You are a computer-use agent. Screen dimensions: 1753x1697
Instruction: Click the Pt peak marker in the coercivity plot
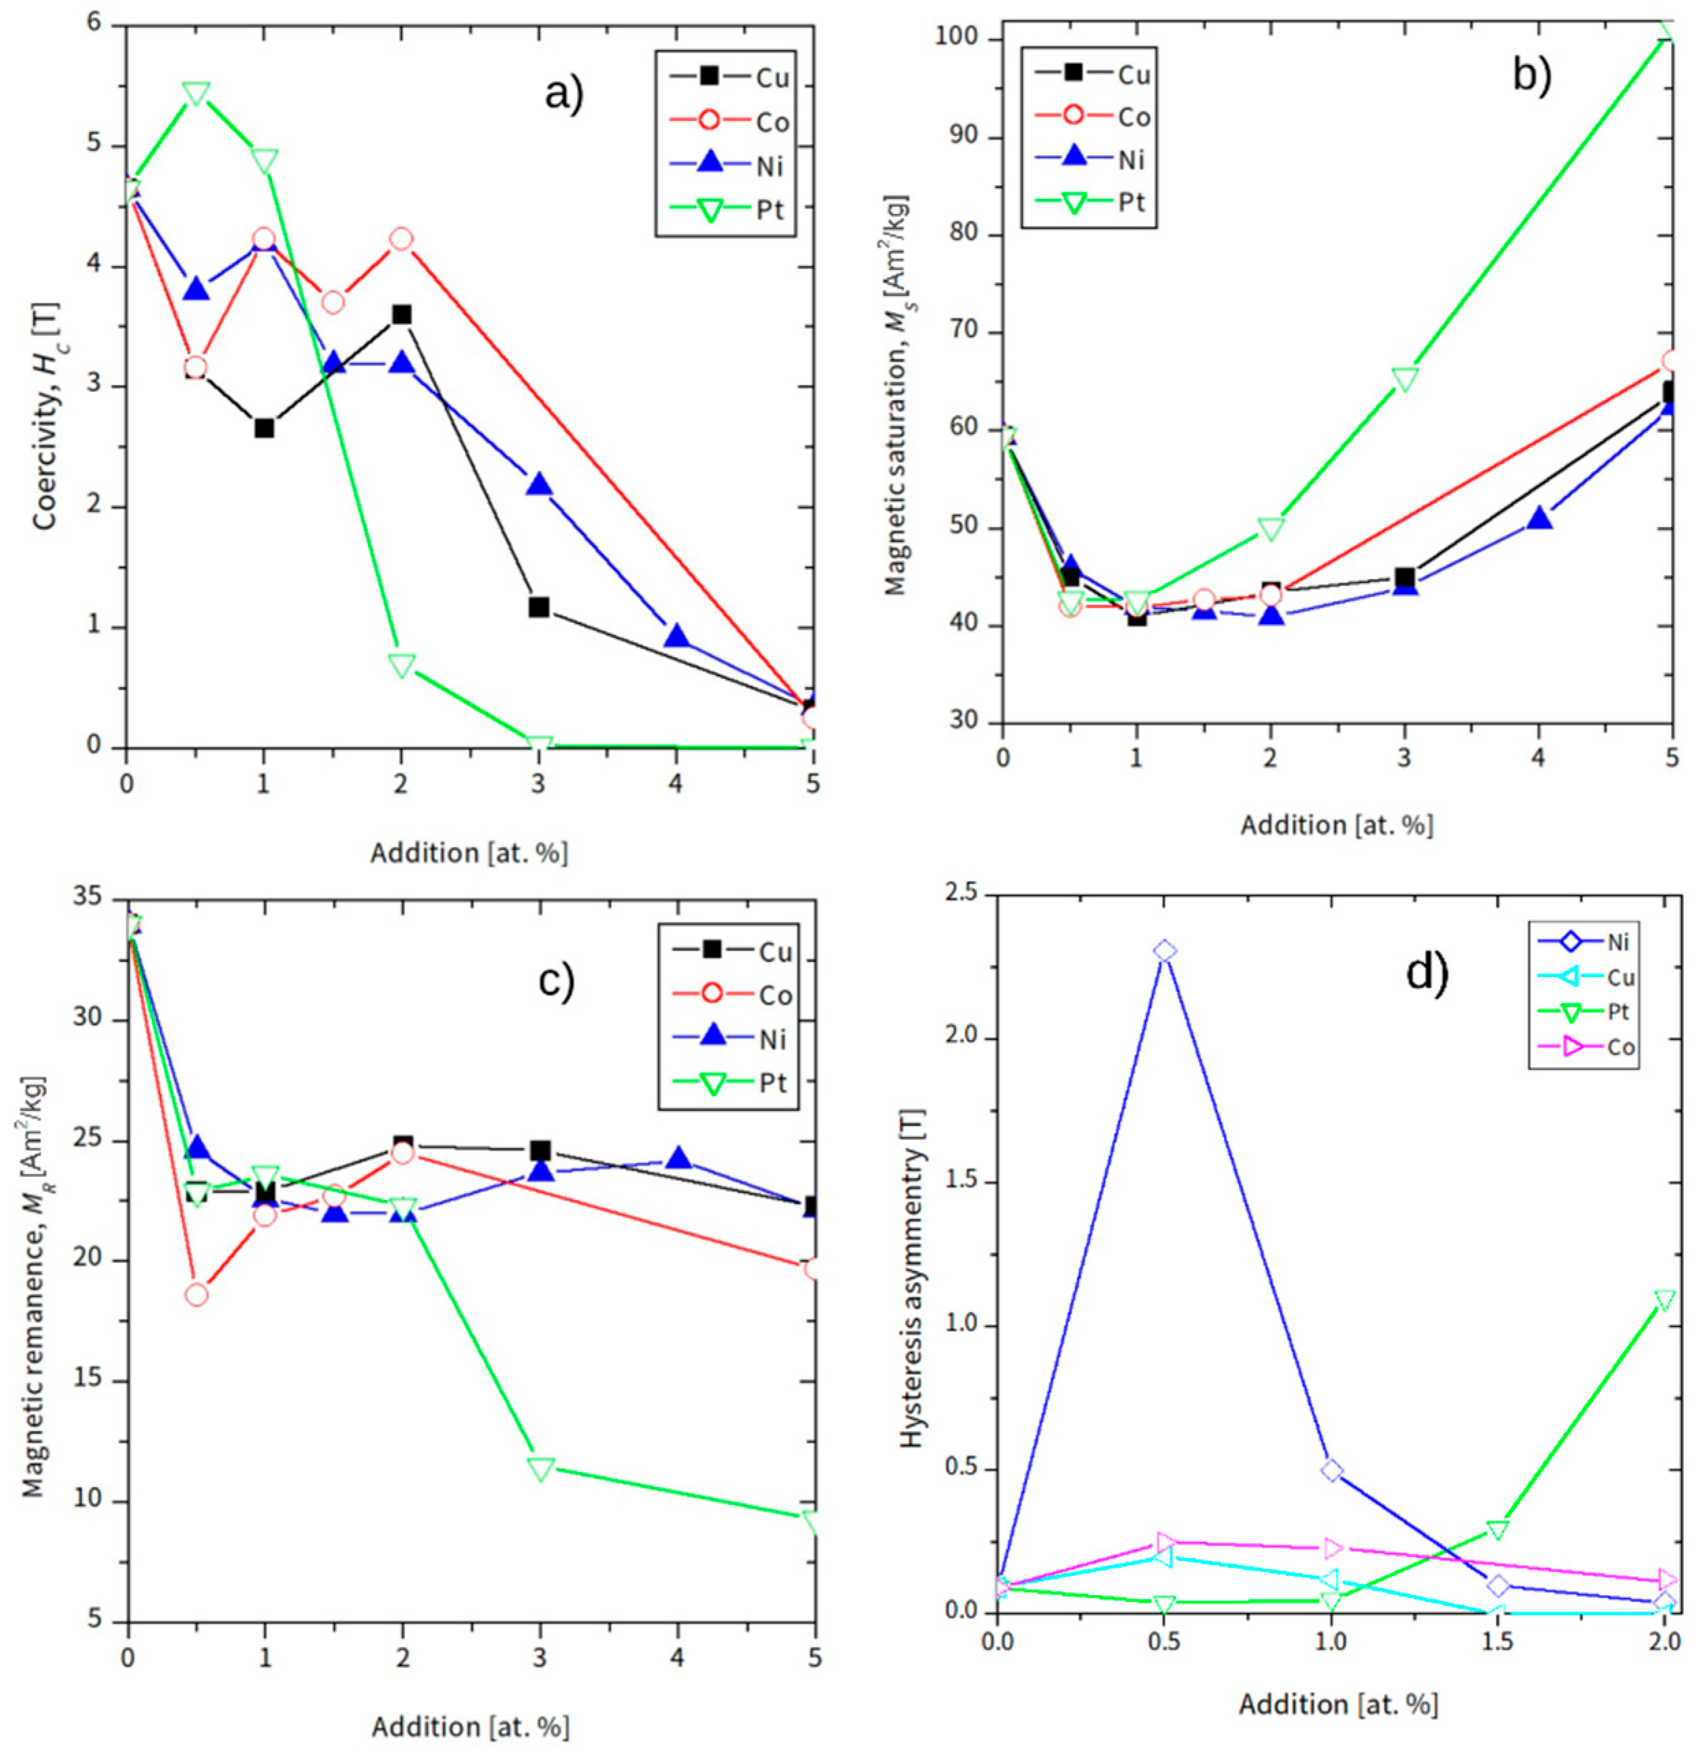click(196, 94)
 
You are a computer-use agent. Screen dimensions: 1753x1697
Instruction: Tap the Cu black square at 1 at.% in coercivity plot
click(264, 429)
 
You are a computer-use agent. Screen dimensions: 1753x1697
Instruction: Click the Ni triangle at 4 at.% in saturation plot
click(1538, 518)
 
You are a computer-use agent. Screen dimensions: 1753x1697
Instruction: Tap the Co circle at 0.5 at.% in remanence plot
click(196, 1294)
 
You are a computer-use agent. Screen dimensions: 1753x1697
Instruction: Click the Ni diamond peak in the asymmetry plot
click(1164, 950)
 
